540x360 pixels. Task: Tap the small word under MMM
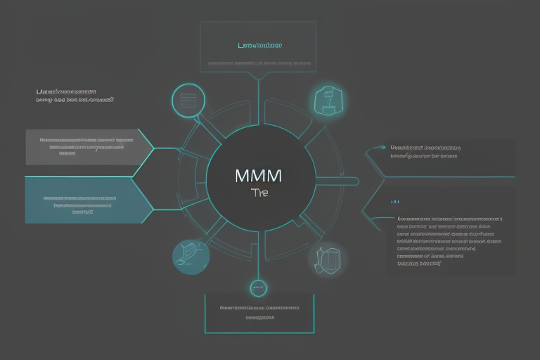pos(259,191)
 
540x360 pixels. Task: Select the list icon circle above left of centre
pos(188,101)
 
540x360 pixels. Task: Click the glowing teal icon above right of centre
pos(327,101)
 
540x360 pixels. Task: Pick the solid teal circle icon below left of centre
pos(191,257)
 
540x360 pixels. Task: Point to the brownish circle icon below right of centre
pos(327,257)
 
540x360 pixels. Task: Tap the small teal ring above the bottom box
pos(258,288)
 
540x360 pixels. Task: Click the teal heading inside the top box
pos(260,46)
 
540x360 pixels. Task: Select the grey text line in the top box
pos(259,63)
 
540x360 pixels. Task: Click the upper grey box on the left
pos(87,146)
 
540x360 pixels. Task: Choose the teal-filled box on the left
pos(87,200)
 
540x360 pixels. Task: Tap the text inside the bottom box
pos(258,312)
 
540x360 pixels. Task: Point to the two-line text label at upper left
pos(75,96)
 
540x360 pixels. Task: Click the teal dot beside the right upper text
pos(383,148)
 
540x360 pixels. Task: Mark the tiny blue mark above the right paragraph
pos(394,201)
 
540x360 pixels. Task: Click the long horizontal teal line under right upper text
pos(450,176)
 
